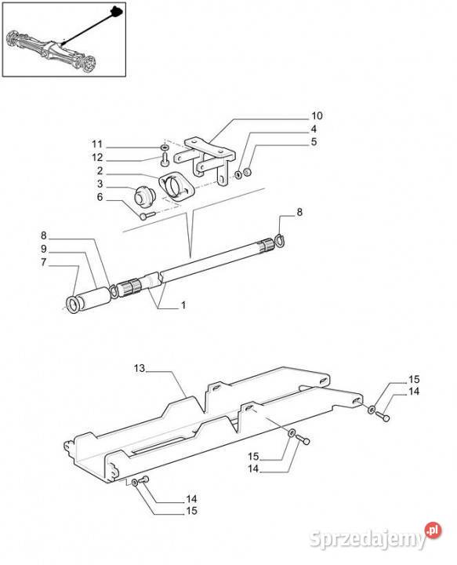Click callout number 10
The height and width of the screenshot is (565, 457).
pos(317,116)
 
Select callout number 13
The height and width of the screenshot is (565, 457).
pos(140,368)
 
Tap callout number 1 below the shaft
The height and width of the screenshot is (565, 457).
pos(183,305)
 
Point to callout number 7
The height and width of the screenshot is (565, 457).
pos(44,262)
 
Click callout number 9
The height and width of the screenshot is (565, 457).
pos(44,249)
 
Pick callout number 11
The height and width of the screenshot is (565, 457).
pos(97,144)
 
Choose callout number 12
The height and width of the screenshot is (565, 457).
pos(97,158)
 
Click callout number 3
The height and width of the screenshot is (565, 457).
pos(100,184)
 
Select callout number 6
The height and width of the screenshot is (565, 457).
pos(100,197)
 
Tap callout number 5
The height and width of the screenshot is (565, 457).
pos(314,142)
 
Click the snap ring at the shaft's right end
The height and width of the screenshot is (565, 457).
pos(280,241)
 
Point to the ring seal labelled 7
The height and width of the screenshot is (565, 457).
pos(74,304)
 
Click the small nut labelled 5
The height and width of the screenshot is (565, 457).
pos(247,172)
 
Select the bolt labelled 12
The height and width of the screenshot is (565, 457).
pos(165,159)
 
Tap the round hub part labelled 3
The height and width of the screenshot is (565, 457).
pos(144,196)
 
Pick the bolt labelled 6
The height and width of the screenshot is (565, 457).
pos(147,215)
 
